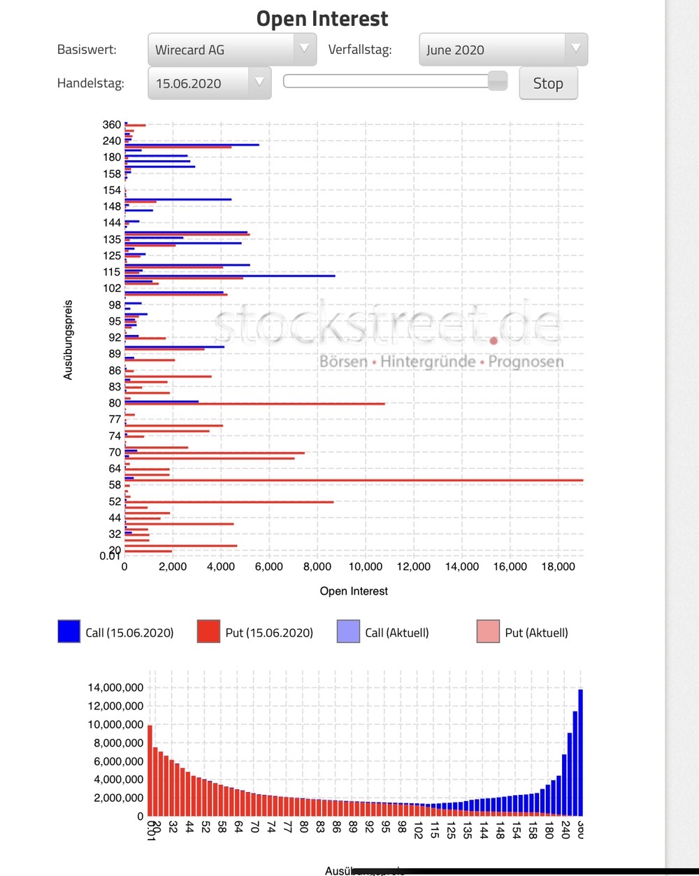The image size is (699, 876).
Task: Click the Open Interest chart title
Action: click(x=322, y=19)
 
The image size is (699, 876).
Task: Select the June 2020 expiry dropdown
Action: click(x=503, y=50)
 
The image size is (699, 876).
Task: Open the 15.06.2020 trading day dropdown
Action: click(x=209, y=83)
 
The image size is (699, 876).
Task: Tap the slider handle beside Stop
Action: click(x=498, y=81)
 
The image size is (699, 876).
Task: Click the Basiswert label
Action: click(x=87, y=50)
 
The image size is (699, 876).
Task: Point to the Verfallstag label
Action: click(x=360, y=50)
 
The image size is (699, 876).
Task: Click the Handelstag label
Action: click(x=90, y=83)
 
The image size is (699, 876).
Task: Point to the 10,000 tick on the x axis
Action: click(x=366, y=566)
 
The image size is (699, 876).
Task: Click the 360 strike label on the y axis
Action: click(x=112, y=125)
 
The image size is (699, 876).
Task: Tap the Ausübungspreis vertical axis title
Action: click(x=68, y=340)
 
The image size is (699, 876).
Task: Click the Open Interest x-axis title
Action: click(x=354, y=591)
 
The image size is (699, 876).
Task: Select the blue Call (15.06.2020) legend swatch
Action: click(x=69, y=631)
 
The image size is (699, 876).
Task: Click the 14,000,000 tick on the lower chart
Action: click(x=115, y=687)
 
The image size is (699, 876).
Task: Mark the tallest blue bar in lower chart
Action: click(x=580, y=752)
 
